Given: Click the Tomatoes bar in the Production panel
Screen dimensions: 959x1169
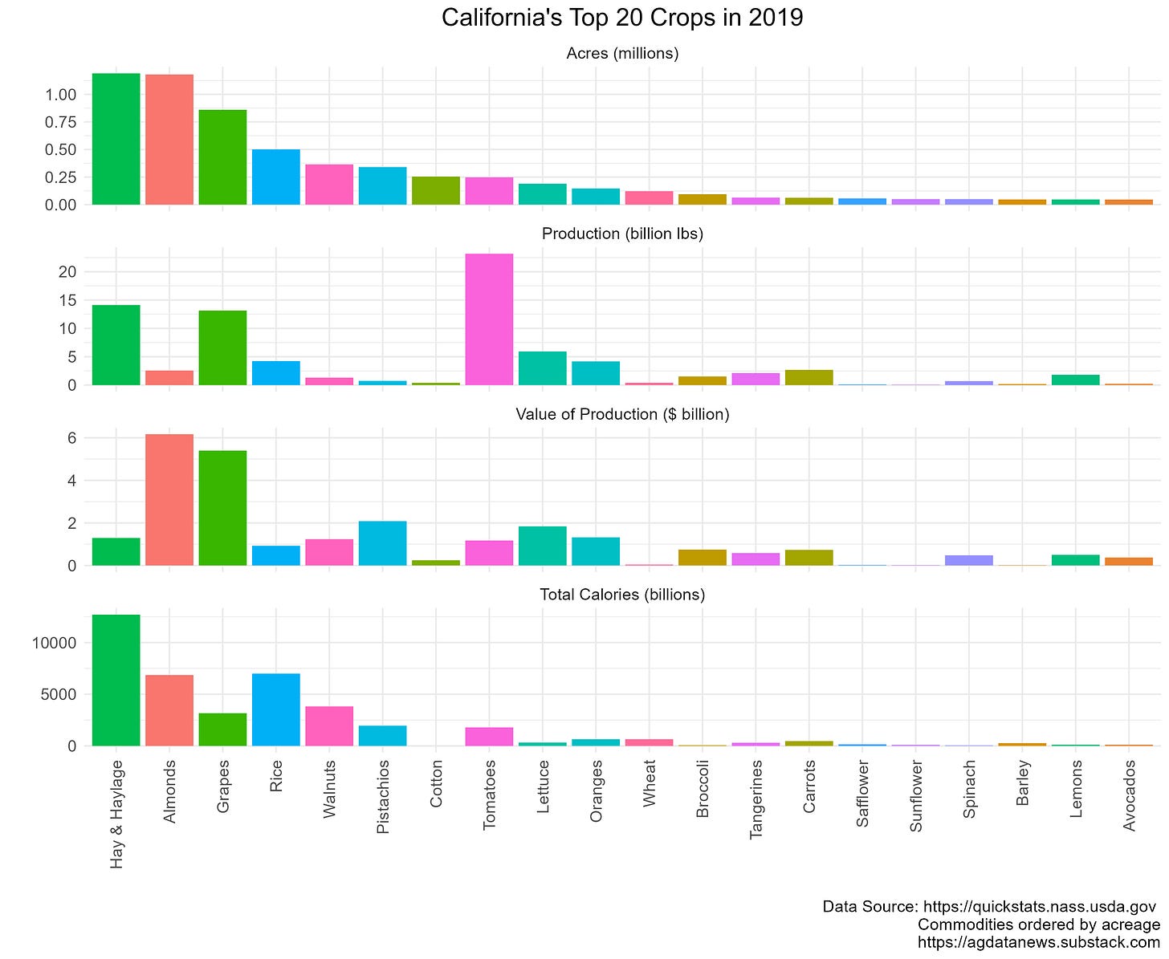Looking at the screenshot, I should pyautogui.click(x=489, y=319).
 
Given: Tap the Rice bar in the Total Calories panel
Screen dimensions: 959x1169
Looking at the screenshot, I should pyautogui.click(x=276, y=709).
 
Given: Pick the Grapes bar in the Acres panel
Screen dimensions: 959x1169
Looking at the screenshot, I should pyautogui.click(x=222, y=157).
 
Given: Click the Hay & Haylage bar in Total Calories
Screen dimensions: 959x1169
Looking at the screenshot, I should pyautogui.click(x=116, y=680).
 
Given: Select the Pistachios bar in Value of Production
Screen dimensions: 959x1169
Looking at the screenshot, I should pyautogui.click(x=382, y=543).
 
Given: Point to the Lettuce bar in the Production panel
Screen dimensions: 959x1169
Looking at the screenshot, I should pyautogui.click(x=542, y=368).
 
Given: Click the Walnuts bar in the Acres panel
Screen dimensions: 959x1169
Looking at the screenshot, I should pyautogui.click(x=329, y=185).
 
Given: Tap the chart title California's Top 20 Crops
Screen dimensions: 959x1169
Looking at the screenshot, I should pyautogui.click(x=622, y=18).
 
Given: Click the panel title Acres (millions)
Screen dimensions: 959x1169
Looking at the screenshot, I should pyautogui.click(x=622, y=54).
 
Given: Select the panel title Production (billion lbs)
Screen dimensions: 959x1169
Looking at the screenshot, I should pyautogui.click(x=622, y=234).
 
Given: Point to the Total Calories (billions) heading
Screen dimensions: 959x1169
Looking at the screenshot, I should pyautogui.click(x=622, y=595).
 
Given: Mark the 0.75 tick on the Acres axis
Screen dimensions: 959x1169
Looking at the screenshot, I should pyautogui.click(x=60, y=122).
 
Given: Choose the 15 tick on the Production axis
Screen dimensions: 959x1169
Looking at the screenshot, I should pyautogui.click(x=67, y=300).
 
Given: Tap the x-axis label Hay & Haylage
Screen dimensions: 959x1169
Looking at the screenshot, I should pyautogui.click(x=117, y=814).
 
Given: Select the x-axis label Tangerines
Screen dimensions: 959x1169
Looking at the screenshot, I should pyautogui.click(x=756, y=800).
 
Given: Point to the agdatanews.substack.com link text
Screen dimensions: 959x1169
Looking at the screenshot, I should pyautogui.click(x=1038, y=942).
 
